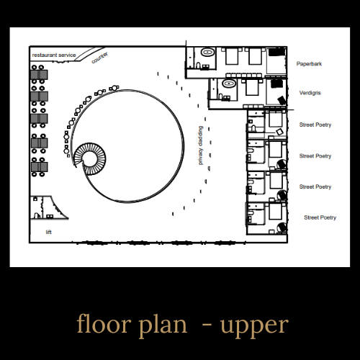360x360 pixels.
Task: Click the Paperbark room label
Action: [x=309, y=64]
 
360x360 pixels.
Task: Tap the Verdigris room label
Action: [x=310, y=93]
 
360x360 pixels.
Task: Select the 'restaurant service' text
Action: [x=54, y=55]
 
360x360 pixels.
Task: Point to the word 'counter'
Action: [x=99, y=58]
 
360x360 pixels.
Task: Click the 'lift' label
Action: [x=48, y=232]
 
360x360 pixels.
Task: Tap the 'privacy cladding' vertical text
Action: [x=200, y=145]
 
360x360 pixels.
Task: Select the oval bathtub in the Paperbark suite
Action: [x=207, y=52]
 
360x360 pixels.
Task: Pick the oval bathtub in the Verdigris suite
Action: [x=229, y=84]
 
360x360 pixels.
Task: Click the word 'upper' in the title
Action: [x=254, y=325]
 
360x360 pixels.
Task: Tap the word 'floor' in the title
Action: [x=104, y=323]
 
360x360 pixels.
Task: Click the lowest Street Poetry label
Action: [x=320, y=217]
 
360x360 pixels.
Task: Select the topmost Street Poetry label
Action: [x=315, y=125]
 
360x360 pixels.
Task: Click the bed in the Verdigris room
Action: [x=251, y=87]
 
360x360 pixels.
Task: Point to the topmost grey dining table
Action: [x=39, y=75]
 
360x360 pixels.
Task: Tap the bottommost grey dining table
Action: [x=40, y=167]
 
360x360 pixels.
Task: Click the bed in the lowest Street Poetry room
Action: [x=275, y=210]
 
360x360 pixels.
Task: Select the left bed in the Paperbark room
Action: [x=232, y=56]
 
